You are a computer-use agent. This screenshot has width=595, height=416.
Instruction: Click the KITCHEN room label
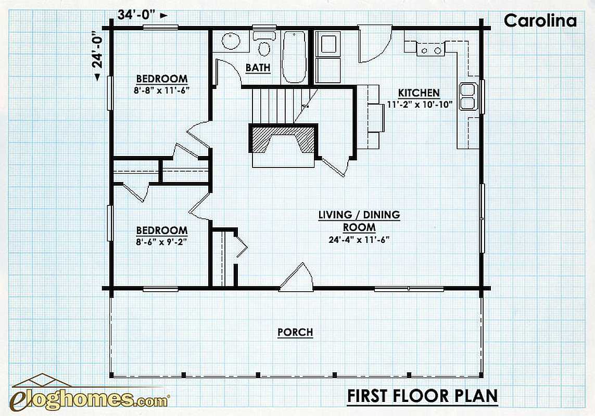pyautogui.click(x=419, y=93)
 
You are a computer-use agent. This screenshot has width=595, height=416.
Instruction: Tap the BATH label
pyautogui.click(x=258, y=68)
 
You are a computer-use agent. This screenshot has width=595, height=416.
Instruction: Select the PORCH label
pyautogui.click(x=295, y=332)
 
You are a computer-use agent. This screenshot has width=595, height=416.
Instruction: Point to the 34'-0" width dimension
pyautogui.click(x=136, y=15)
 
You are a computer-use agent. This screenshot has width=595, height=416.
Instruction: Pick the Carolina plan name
pyautogui.click(x=540, y=20)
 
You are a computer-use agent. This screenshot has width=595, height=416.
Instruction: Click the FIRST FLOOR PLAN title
pyautogui.click(x=423, y=396)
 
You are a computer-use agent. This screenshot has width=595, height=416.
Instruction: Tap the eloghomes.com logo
pyautogui.click(x=90, y=394)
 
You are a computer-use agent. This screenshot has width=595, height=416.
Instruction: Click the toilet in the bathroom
pyautogui.click(x=264, y=44)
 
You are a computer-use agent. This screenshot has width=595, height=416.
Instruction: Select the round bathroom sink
pyautogui.click(x=231, y=41)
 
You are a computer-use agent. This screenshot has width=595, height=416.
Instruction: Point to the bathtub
pyautogui.click(x=295, y=57)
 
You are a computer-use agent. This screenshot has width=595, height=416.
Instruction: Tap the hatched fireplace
pyautogui.click(x=282, y=139)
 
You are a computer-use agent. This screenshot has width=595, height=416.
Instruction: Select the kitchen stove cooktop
pyautogui.click(x=431, y=50)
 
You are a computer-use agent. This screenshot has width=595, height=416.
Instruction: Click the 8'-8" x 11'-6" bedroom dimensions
pyautogui.click(x=162, y=90)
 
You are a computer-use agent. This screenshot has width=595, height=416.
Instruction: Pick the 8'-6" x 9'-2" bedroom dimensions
pyautogui.click(x=162, y=242)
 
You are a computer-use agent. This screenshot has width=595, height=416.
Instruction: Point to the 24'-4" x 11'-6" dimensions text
pyautogui.click(x=359, y=240)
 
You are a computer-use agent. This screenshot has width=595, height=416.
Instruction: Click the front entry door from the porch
pyautogui.click(x=296, y=277)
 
